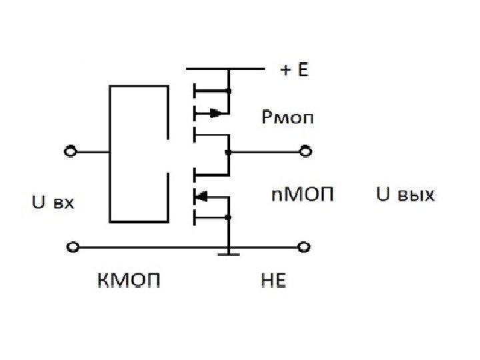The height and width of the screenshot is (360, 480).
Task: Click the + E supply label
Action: click(294, 69)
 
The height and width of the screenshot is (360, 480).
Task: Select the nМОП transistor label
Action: click(301, 195)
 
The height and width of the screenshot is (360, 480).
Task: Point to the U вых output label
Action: click(406, 195)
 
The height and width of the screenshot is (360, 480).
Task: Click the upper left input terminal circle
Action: click(69, 152)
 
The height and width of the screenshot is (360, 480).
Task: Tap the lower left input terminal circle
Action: click(69, 247)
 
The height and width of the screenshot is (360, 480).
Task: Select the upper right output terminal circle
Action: click(305, 152)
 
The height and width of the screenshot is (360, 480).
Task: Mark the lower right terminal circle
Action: click(304, 247)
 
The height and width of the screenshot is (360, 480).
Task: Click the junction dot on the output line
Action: click(229, 152)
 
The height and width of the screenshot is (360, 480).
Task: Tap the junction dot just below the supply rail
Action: click(229, 91)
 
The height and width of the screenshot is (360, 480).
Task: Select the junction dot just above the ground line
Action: click(229, 217)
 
